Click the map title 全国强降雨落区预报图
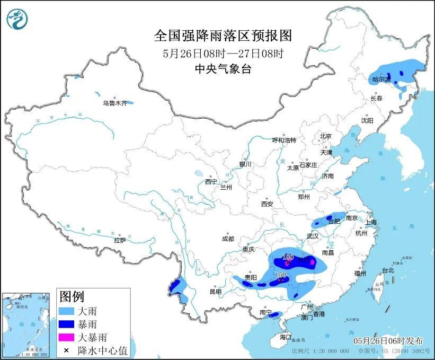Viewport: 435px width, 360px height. click(223, 36)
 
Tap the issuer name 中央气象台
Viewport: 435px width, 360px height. click(223, 68)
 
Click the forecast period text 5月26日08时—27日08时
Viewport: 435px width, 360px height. click(223, 53)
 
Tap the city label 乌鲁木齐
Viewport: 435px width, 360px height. click(114, 103)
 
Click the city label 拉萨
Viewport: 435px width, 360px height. click(120, 240)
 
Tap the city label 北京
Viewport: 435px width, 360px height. click(325, 136)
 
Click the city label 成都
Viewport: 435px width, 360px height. click(228, 239)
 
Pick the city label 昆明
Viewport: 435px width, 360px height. click(215, 292)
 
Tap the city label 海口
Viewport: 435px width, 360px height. click(286, 337)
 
